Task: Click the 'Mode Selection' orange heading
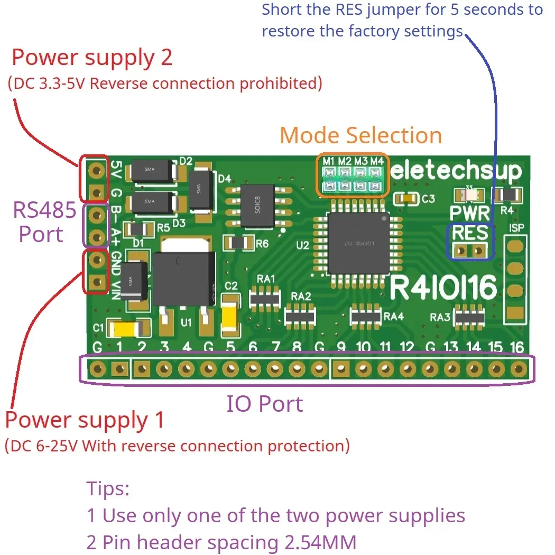pos(360,135)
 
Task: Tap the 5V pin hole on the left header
pos(96,170)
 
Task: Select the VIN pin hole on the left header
pos(96,282)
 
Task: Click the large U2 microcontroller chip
pos(358,243)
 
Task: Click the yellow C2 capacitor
pos(231,316)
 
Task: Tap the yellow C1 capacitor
pos(127,329)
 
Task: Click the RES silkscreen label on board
pos(470,233)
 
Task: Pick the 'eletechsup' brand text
pos(457,171)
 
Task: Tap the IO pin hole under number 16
pos(519,368)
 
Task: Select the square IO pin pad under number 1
pos(120,368)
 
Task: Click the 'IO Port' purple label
pos(265,404)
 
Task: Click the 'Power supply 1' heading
pos(85,420)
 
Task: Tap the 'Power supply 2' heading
pos(92,58)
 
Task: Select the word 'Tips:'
pos(108,488)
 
